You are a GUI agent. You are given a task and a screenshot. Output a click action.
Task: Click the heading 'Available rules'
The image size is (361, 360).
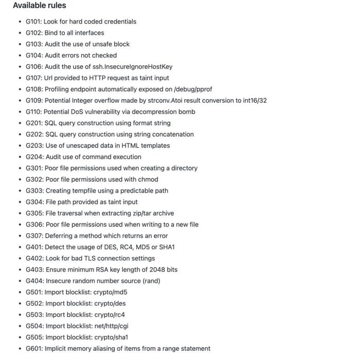click(39, 6)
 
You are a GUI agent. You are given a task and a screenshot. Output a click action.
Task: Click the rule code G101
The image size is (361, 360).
click(33, 22)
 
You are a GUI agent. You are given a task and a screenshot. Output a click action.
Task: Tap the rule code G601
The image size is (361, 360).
click(33, 348)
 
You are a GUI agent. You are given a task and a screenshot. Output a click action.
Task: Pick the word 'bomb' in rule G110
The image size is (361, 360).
click(187, 112)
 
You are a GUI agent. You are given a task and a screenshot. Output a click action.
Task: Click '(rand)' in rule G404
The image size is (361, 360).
click(150, 281)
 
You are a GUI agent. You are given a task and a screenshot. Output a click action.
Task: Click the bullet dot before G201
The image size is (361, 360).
click(19, 123)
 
